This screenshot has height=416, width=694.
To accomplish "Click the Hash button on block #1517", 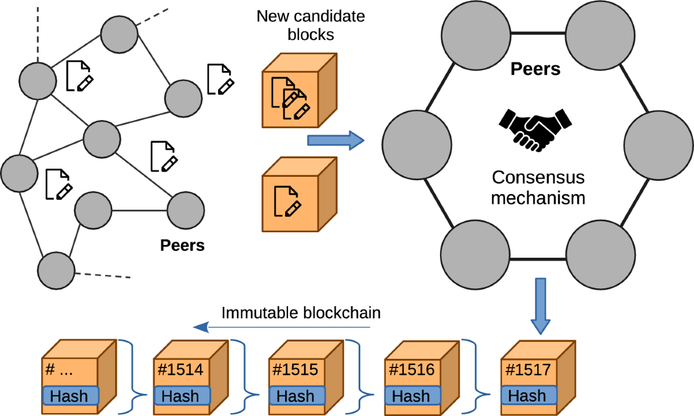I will [x=527, y=396].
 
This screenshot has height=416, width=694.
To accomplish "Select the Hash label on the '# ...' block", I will [x=70, y=396].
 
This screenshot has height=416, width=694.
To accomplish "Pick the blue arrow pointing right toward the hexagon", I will [x=335, y=140].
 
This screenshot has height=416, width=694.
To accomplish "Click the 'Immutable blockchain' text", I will [x=301, y=313].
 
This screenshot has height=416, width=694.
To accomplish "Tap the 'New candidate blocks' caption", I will [x=311, y=25].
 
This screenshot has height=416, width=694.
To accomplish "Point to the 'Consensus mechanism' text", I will [x=538, y=187].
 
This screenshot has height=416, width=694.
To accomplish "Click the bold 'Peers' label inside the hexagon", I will [x=536, y=69].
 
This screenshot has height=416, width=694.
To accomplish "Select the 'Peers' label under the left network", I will [x=182, y=245].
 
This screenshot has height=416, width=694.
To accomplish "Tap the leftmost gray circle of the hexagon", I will [x=417, y=142].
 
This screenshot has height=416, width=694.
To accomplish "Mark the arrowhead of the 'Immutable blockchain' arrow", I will [x=200, y=327].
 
